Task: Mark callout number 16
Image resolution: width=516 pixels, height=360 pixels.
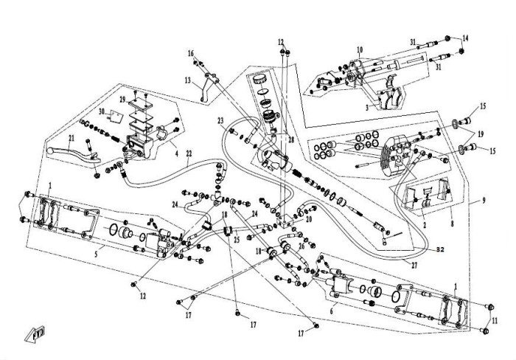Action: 191,53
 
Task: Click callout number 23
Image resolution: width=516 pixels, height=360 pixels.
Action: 220,120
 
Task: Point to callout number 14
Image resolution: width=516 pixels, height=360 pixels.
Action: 464,37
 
